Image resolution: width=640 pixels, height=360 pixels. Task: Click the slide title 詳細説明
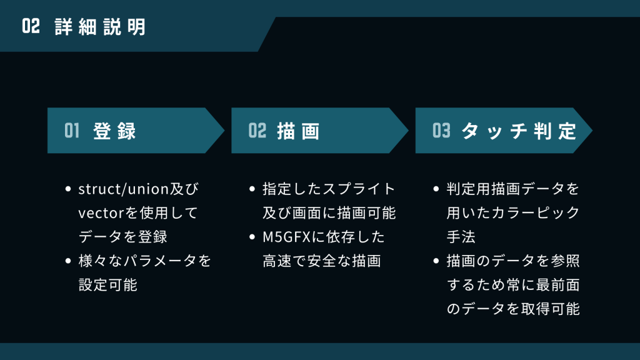click(x=100, y=27)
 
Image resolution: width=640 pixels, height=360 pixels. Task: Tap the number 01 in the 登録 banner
click(x=72, y=131)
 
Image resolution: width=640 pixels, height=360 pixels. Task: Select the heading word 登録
click(x=115, y=131)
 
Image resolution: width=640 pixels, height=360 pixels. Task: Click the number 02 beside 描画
click(x=257, y=131)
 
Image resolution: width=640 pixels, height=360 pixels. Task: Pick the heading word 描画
click(x=299, y=131)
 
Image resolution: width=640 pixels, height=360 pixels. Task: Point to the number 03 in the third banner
click(x=441, y=131)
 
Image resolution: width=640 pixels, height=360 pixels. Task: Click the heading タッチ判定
click(x=519, y=131)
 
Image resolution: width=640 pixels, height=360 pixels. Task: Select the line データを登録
click(x=122, y=237)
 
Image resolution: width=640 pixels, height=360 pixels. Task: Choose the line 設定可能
click(x=107, y=285)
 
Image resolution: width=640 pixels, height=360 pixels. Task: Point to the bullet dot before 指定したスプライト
click(x=252, y=189)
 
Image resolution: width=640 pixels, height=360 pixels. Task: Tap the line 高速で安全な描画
click(x=322, y=261)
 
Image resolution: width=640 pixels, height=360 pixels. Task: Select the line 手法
click(x=461, y=237)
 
